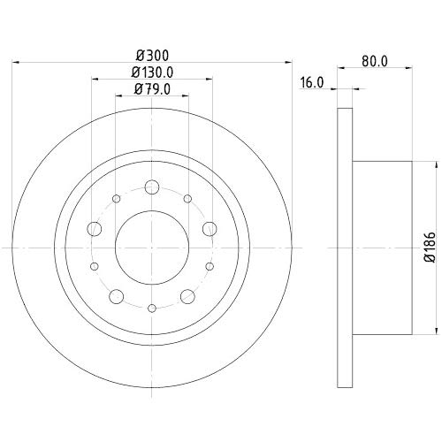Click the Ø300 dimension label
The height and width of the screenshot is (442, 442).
152,56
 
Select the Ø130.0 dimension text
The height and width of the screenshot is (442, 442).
152,72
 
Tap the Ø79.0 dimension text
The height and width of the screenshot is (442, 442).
152,89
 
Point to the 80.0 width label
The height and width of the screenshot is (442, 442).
375,61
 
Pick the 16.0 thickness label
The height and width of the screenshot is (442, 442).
312,82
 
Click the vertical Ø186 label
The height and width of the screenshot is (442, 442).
430,247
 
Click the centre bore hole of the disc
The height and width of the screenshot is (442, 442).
152,248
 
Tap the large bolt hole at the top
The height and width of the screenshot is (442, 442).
152,187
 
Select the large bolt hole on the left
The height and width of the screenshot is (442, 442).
95,229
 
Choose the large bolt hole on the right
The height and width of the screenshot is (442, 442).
210,229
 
